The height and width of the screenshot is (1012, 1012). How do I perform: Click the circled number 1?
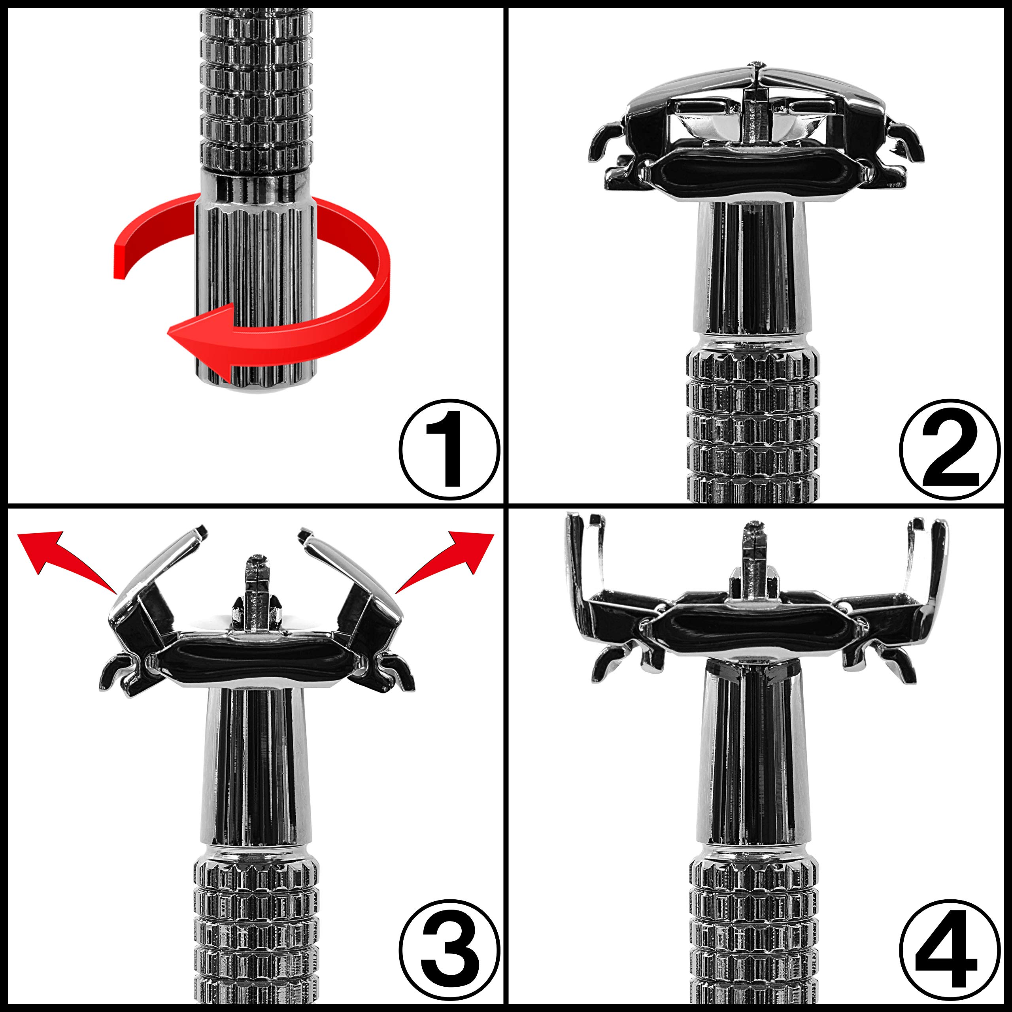449,449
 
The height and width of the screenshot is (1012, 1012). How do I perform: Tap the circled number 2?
950,449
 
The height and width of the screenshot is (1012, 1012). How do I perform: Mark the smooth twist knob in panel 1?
256,280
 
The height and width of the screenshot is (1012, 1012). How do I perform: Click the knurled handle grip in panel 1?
256,87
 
